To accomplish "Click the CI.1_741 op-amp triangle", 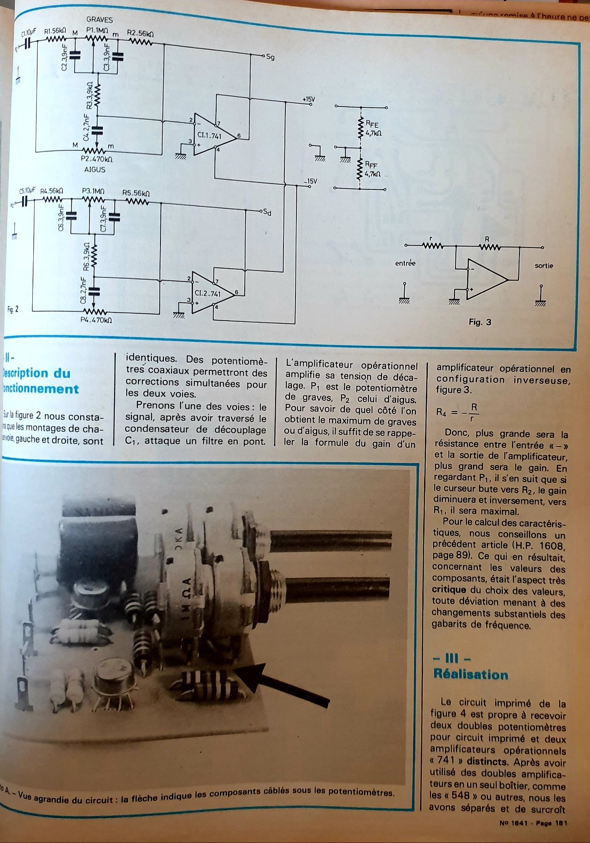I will (212, 135).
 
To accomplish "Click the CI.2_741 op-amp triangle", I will (210, 292).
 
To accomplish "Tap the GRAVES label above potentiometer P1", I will (99, 20).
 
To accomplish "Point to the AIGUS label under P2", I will (95, 170).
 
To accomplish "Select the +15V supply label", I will (308, 99).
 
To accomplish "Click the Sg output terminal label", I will (270, 57).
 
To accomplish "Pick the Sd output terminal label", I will (267, 212).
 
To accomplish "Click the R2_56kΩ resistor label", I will (140, 34).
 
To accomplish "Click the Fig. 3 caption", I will (480, 322).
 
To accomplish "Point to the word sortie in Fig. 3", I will (543, 265).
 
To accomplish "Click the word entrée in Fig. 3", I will (405, 263).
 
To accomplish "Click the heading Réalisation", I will (471, 674).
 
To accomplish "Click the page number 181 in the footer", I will (560, 823).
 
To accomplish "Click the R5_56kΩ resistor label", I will (136, 193).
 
